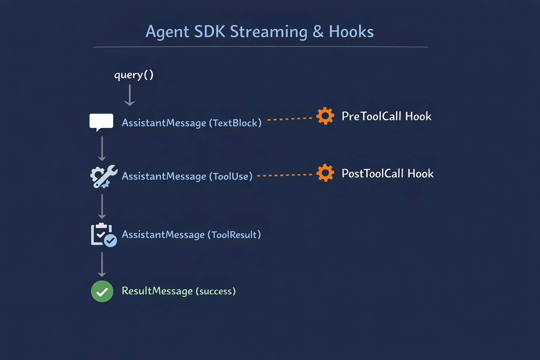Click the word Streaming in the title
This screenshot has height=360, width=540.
click(269, 32)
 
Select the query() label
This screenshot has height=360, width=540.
click(134, 75)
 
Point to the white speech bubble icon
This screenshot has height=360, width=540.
click(101, 122)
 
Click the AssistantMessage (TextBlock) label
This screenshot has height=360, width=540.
click(192, 123)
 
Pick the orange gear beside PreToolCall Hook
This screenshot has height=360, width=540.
click(325, 116)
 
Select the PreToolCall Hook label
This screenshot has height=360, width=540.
click(386, 116)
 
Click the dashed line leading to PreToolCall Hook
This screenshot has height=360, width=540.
click(290, 119)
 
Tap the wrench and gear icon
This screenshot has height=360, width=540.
click(103, 176)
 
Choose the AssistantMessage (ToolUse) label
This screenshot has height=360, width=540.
click(187, 176)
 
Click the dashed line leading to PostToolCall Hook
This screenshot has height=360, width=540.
click(285, 175)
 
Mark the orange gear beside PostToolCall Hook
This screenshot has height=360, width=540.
click(325, 173)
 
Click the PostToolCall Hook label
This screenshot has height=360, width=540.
click(387, 173)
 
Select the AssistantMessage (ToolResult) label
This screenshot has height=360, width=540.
click(191, 234)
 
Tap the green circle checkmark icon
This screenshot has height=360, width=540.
click(102, 291)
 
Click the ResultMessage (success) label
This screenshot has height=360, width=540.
click(179, 291)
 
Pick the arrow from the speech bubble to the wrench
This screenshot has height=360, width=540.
click(102, 148)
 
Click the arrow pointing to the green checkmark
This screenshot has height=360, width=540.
click(102, 264)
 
